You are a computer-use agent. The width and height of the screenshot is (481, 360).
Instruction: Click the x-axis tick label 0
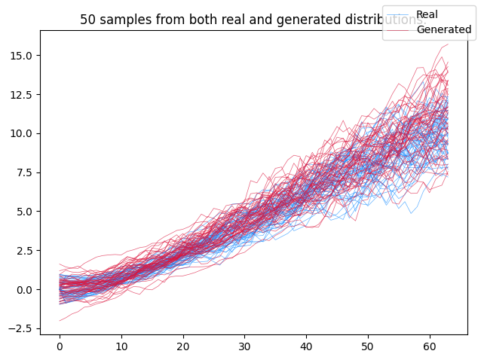[x=60, y=346]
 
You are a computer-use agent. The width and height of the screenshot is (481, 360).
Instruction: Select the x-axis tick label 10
[x=121, y=346]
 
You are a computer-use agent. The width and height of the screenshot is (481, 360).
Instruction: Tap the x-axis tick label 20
[x=183, y=346]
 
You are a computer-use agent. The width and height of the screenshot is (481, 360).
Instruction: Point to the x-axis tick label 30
[x=244, y=346]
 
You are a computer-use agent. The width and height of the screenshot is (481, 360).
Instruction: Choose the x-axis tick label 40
[x=306, y=346]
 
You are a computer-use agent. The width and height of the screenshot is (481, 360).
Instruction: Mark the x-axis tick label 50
[x=368, y=346]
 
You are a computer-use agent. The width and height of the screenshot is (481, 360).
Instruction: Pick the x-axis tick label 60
[x=430, y=346]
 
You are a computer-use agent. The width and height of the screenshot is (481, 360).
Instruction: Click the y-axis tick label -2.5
[x=21, y=328]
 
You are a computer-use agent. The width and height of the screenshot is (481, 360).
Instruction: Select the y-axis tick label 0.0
[x=24, y=290]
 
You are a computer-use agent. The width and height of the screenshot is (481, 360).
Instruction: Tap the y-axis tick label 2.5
[x=24, y=251]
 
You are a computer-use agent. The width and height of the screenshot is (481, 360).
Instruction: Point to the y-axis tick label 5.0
[x=24, y=212]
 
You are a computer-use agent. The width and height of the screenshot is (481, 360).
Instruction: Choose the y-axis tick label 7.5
[x=24, y=172]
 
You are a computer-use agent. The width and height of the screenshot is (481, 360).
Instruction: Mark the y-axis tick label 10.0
[x=21, y=133]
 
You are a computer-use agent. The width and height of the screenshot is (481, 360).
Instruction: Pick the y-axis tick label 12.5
[x=21, y=95]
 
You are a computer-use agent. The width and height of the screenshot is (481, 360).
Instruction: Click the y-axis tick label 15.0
[x=21, y=56]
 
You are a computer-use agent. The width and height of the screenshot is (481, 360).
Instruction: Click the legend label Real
[x=427, y=14]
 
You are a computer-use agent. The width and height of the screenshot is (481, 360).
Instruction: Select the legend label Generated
[x=444, y=29]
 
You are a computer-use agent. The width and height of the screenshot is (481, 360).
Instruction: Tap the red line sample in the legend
[x=400, y=30]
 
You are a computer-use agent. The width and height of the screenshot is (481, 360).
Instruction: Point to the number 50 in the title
[x=87, y=20]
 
